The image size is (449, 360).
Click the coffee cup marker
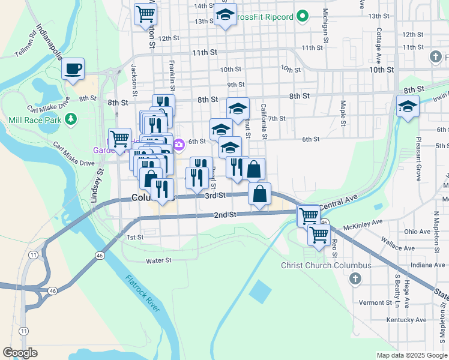pyautogui.click(x=73, y=68)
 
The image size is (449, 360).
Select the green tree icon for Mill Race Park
pyautogui.click(x=71, y=118)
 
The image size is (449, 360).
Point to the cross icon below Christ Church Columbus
pyautogui.click(x=355, y=278)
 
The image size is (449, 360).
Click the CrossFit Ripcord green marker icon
pyautogui.click(x=303, y=16)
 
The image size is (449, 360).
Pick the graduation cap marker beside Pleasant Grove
pyautogui.click(x=408, y=107)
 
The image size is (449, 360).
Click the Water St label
pyautogui.click(x=159, y=260)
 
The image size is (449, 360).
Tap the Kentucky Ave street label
pyautogui.click(x=400, y=320)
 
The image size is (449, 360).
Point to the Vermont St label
pyautogui.click(x=375, y=303)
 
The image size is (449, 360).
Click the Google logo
pyautogui.click(x=20, y=353)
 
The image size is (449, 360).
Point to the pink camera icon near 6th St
pyautogui.click(x=179, y=145)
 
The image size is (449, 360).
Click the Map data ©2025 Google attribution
pyautogui.click(x=411, y=355)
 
